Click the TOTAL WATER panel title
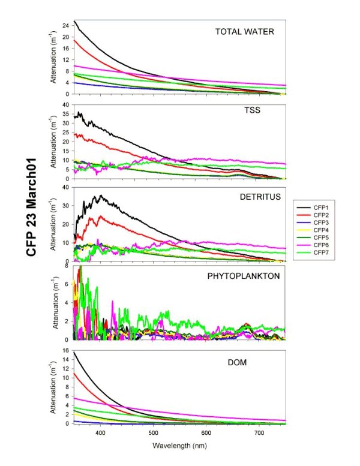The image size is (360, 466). [x=245, y=31]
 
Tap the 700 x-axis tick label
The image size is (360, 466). [x=259, y=432]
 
